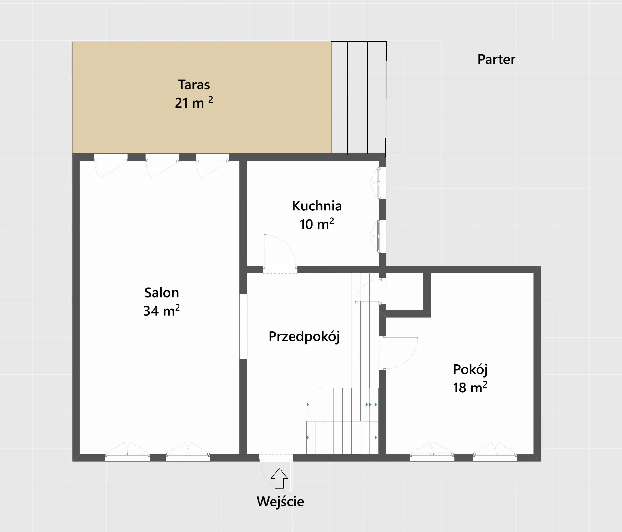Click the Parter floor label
point(496,60)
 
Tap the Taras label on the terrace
point(194,85)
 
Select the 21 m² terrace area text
point(194,102)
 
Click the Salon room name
point(161,293)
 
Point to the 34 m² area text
point(161,311)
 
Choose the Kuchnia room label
point(317,206)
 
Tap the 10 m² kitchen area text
point(317,224)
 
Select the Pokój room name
point(470,370)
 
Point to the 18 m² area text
point(470,387)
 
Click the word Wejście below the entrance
point(280,502)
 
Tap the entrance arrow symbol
point(279,478)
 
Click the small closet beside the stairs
point(405,291)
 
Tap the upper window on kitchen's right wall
point(381,183)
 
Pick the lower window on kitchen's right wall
point(381,236)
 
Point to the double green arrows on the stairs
point(369,405)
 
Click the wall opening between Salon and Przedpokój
point(243,326)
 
